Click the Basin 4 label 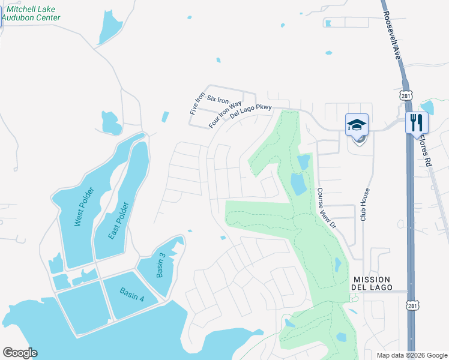click(131, 294)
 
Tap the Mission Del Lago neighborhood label click(372, 284)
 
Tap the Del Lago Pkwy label click(251, 112)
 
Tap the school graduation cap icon click(357, 125)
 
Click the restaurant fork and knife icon click(416, 122)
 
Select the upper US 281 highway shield click(406, 96)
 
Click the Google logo click(20, 353)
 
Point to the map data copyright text click(411, 355)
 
